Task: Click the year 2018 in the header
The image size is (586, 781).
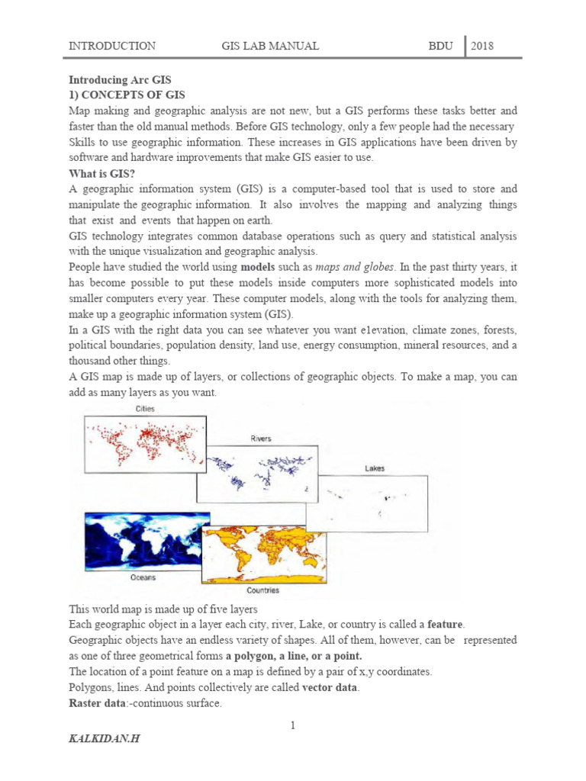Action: click(482, 46)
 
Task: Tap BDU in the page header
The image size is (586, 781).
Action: click(440, 46)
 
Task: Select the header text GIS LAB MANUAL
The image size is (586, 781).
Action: click(270, 46)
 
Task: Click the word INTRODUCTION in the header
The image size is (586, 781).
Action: click(112, 46)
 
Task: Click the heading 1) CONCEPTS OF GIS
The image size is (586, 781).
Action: click(127, 95)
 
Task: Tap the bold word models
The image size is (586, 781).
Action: click(261, 268)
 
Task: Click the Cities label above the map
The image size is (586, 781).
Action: click(145, 410)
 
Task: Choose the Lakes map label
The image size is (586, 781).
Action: click(374, 468)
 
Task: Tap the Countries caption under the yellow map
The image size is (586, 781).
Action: click(262, 590)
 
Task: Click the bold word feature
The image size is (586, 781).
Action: click(446, 624)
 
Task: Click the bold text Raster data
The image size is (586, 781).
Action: click(97, 703)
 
